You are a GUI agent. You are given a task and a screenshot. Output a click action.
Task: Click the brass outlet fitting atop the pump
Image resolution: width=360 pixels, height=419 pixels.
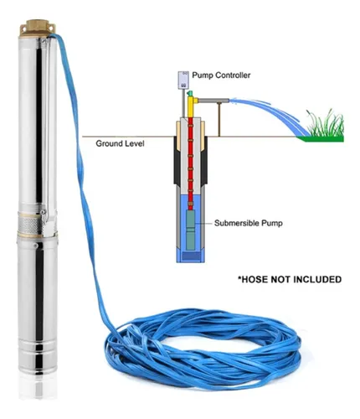point(37,28)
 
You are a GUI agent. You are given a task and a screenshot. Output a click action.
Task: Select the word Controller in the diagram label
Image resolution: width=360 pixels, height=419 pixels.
point(233,75)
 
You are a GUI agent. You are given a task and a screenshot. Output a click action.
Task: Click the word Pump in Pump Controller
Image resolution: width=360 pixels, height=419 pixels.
point(203,75)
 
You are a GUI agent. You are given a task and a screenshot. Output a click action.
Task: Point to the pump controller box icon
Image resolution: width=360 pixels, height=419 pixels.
point(183,80)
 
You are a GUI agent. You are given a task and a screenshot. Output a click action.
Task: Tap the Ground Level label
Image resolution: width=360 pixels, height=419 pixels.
point(120,143)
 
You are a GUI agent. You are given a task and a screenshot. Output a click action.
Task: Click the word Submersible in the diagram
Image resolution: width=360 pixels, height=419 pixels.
point(237,223)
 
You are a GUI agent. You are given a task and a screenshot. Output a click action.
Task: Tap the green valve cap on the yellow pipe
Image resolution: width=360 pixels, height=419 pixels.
point(191,93)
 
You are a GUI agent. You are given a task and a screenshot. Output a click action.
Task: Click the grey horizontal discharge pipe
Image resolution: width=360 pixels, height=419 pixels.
point(213,101)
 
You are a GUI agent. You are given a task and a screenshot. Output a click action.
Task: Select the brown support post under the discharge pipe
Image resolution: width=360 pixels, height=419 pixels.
point(219,120)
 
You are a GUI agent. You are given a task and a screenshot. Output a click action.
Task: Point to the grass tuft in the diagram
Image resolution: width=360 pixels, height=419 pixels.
point(325,123)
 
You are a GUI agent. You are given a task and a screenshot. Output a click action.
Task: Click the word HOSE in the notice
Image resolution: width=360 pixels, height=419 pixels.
point(254,279)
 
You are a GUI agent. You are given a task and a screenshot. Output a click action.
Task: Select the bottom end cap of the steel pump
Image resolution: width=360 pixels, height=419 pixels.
point(38,359)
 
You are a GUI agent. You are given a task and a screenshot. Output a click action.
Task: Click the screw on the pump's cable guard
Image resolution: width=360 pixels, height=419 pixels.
point(43,212)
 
